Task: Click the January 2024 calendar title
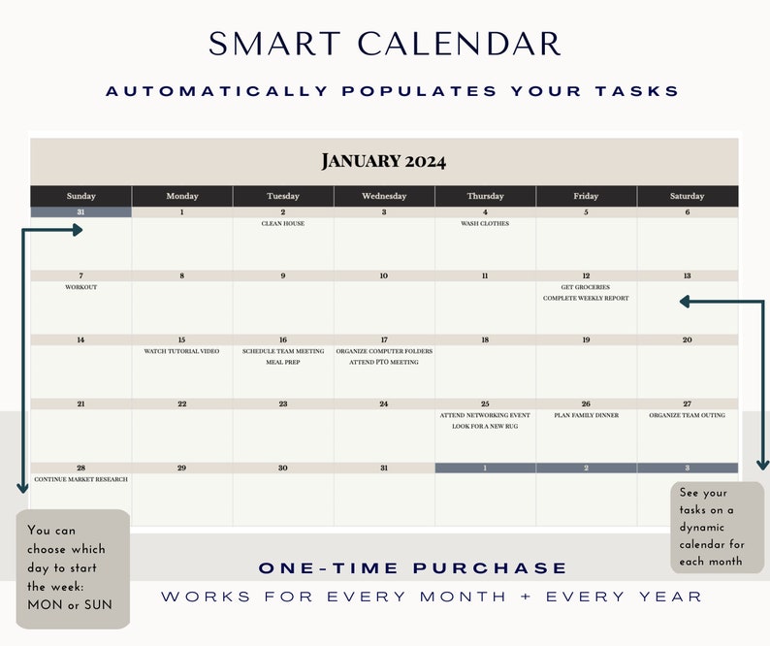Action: [x=384, y=161]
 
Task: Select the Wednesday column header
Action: [x=384, y=196]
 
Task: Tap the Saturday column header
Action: [x=687, y=196]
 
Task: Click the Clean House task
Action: [x=283, y=224]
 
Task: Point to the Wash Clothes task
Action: [x=485, y=224]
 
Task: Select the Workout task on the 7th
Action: [x=81, y=287]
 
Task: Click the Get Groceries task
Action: [x=586, y=287]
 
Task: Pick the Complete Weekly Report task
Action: [x=586, y=299]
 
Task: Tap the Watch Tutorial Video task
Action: [x=182, y=351]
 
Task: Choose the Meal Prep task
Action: [x=283, y=363]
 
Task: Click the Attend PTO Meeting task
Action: [x=384, y=363]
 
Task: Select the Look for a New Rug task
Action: [x=485, y=426]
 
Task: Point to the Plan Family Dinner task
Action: [x=586, y=415]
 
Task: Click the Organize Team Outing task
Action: [x=687, y=415]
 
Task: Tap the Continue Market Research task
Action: [x=81, y=479]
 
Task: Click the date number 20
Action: [x=687, y=340]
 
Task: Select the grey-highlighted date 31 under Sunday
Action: [x=81, y=212]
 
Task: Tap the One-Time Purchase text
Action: [x=412, y=568]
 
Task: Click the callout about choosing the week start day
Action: [x=73, y=568]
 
